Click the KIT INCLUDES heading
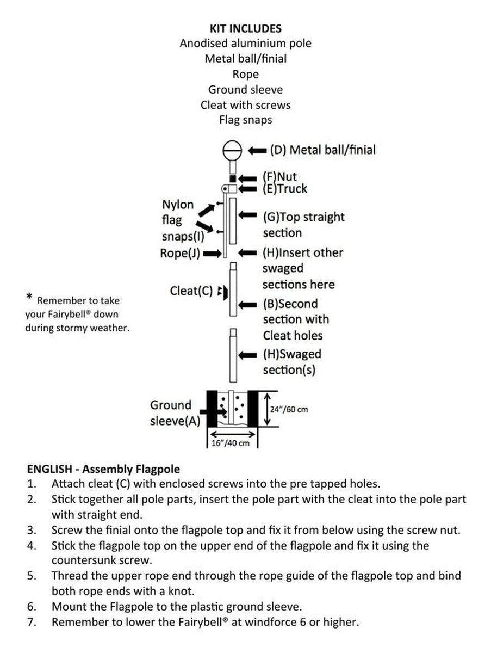[x=245, y=28]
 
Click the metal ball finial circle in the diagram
[x=232, y=149]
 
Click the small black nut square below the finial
[x=232, y=178]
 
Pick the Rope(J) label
[x=179, y=253]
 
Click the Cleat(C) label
[x=191, y=291]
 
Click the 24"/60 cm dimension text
[x=289, y=409]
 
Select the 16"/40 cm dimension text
[x=231, y=443]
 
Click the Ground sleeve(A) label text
[x=175, y=413]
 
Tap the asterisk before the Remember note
[x=29, y=297]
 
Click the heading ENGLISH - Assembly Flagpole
[x=103, y=469]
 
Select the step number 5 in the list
[x=32, y=576]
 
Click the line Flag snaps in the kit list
[x=245, y=120]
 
